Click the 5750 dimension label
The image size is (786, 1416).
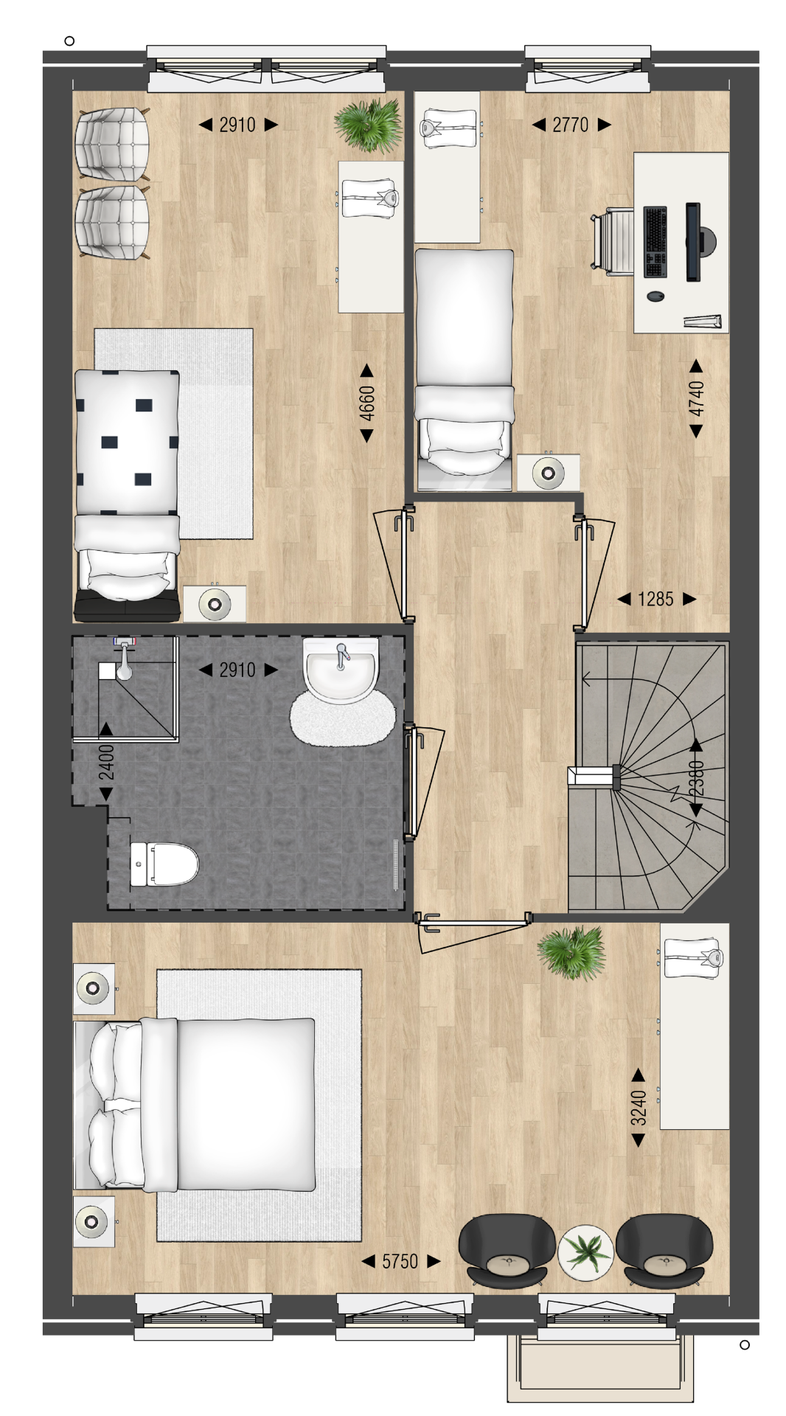(x=400, y=1261)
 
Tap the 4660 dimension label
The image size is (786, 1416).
(x=366, y=403)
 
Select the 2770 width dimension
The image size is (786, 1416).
(x=571, y=125)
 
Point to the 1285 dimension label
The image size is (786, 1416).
(x=655, y=599)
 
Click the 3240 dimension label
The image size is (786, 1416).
(x=639, y=1108)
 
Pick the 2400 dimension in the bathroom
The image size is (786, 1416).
(x=106, y=762)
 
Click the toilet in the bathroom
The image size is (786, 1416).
(x=164, y=864)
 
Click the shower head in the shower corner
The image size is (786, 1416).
(x=125, y=658)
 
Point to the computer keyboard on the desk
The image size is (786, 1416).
(x=655, y=242)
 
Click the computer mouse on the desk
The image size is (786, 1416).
(x=655, y=296)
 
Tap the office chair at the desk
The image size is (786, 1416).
(x=612, y=241)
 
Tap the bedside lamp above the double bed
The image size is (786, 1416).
(x=93, y=988)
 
